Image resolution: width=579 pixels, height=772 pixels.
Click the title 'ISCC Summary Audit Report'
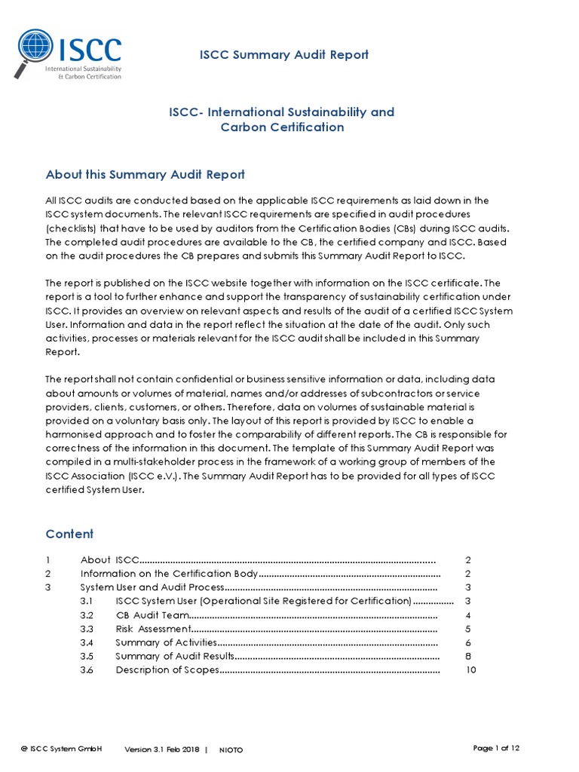tap(283, 54)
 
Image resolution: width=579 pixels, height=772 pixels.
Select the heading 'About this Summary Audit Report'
tap(145, 174)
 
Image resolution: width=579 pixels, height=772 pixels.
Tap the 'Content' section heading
tap(69, 534)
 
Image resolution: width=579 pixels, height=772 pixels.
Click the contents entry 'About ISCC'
tap(110, 560)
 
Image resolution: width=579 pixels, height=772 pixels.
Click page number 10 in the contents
tap(471, 670)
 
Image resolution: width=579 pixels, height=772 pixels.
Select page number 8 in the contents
tap(468, 656)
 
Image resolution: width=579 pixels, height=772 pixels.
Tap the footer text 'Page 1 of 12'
tap(496, 748)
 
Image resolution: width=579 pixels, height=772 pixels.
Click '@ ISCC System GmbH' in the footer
tap(61, 749)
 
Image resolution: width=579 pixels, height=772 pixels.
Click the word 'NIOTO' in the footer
tap(231, 749)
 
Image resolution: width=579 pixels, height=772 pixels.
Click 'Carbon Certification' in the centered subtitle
tap(282, 127)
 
